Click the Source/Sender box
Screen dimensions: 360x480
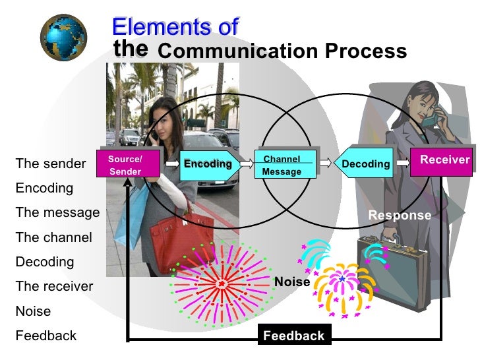click(x=125, y=165)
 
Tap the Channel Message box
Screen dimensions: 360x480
click(x=282, y=165)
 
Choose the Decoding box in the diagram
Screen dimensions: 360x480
click(x=365, y=164)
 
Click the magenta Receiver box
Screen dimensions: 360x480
click(x=444, y=161)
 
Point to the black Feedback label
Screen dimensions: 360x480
click(x=293, y=336)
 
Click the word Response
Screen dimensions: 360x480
click(x=399, y=216)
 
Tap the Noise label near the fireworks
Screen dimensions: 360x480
click(x=292, y=282)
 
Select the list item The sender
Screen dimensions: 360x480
click(x=51, y=164)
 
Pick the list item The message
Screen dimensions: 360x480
click(x=57, y=212)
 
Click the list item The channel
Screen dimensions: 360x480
click(x=53, y=237)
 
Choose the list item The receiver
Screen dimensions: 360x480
click(x=54, y=286)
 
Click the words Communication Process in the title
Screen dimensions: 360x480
click(x=282, y=51)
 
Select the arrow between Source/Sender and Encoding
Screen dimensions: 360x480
click(x=170, y=161)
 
